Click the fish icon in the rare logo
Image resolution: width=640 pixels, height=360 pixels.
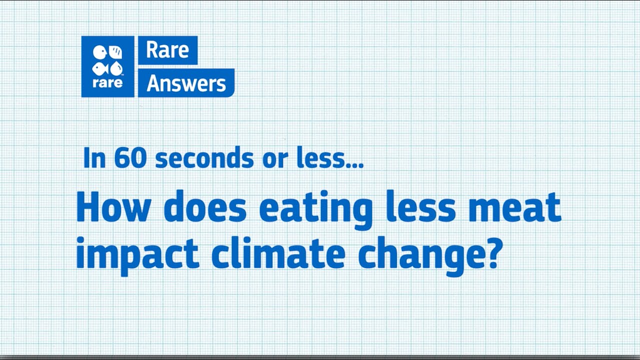click(100, 68)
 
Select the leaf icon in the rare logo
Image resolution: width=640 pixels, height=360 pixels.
click(115, 52)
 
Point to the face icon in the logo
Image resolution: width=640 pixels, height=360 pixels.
click(100, 52)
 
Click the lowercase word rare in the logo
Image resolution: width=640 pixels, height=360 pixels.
click(107, 82)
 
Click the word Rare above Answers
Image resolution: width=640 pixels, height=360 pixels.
click(167, 50)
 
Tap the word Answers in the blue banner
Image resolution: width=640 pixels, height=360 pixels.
click(186, 83)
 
